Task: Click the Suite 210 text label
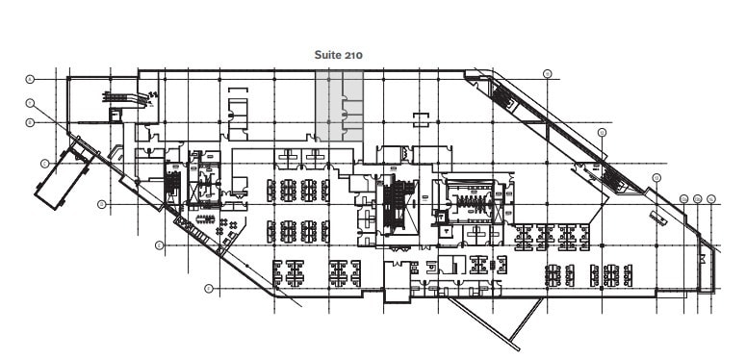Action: point(339,56)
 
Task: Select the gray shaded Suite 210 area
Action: point(340,106)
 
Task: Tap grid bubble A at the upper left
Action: point(30,78)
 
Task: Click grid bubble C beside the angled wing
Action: point(44,164)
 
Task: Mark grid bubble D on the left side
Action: point(101,204)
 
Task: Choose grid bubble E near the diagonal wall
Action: point(158,245)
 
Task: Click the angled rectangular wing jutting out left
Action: point(64,175)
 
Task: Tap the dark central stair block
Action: point(394,204)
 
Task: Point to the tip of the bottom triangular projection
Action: point(518,347)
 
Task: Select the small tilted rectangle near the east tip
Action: point(658,219)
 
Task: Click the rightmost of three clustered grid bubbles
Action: point(711,199)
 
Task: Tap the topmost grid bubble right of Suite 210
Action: point(547,73)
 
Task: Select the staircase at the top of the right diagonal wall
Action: point(502,94)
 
